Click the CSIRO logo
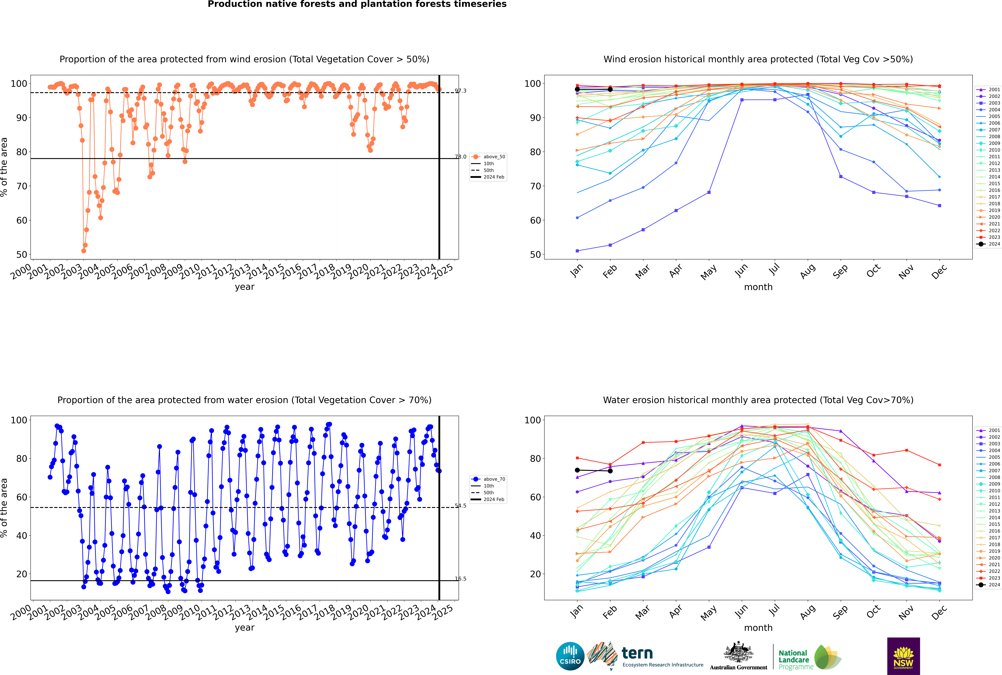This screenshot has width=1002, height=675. [x=570, y=656]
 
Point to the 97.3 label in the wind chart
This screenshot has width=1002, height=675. [x=461, y=91]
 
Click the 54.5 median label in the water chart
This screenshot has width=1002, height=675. [x=461, y=506]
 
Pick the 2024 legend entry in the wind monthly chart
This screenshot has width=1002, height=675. [x=989, y=244]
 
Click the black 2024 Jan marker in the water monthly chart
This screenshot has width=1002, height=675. [x=577, y=470]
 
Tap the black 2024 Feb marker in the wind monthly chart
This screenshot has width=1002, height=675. [x=610, y=90]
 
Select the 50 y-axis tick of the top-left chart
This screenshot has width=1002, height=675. [x=21, y=254]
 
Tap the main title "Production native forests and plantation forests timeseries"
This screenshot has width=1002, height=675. [x=357, y=4]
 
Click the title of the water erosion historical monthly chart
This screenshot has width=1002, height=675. [x=758, y=400]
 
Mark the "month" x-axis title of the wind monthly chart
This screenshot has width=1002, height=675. [x=758, y=287]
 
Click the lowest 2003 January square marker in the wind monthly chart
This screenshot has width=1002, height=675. [x=577, y=251]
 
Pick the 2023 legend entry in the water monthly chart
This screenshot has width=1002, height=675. [x=989, y=578]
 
